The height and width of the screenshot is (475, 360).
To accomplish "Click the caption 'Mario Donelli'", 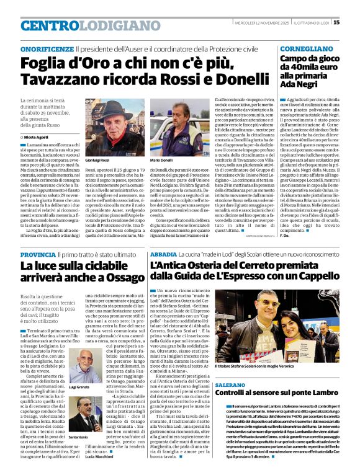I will coord(162,161).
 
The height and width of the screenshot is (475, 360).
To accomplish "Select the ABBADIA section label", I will coord(163,255).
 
